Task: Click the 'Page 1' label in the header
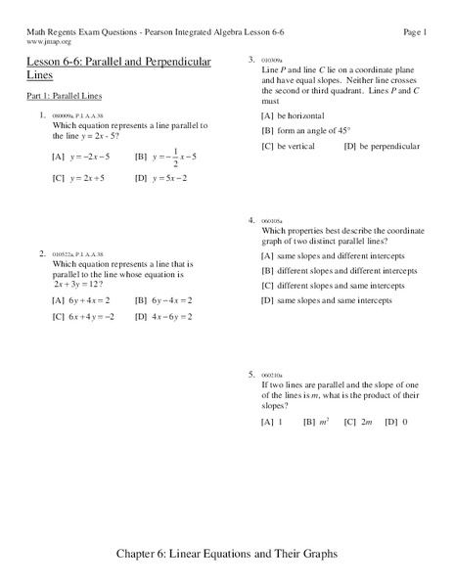[x=415, y=32]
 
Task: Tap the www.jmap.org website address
[x=46, y=43]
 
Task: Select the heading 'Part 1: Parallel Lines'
[x=64, y=96]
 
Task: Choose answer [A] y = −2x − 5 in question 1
[x=81, y=157]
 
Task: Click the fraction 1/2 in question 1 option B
[x=174, y=157]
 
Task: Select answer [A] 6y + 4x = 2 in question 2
[x=80, y=300]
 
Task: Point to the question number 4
[x=251, y=220]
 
